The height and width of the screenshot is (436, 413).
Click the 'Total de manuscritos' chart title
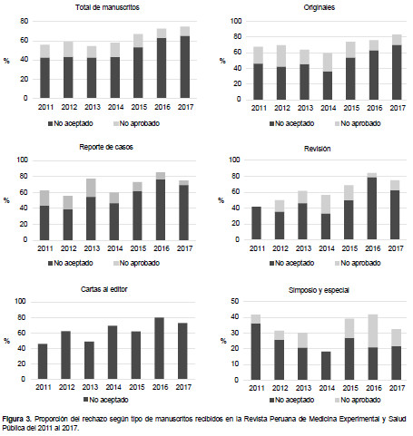point(107,7)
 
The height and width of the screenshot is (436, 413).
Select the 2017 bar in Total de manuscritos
point(185,63)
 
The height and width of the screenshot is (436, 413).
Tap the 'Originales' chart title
point(320,7)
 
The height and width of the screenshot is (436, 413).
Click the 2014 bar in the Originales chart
point(328,76)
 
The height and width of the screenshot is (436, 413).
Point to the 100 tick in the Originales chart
point(236,21)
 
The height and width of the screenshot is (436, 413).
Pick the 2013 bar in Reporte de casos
point(91,209)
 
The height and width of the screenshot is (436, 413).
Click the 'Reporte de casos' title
point(106,147)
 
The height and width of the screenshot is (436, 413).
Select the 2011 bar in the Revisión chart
point(256,223)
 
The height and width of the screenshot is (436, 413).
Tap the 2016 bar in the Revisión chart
point(372,207)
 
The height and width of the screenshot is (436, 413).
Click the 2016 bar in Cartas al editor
point(160,348)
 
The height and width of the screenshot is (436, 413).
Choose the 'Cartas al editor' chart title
point(104,289)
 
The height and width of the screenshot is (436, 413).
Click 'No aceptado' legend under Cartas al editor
point(106,400)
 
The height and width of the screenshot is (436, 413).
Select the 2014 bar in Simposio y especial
point(326,365)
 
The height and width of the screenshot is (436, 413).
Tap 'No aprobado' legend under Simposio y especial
point(358,400)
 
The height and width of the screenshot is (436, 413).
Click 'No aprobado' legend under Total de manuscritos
point(137,123)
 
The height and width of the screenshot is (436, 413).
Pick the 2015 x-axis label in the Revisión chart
point(349,248)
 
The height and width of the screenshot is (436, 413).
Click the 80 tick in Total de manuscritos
point(25,21)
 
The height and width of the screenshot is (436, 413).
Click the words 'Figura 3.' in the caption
point(17,419)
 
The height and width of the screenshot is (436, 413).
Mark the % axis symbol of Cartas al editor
point(6,341)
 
